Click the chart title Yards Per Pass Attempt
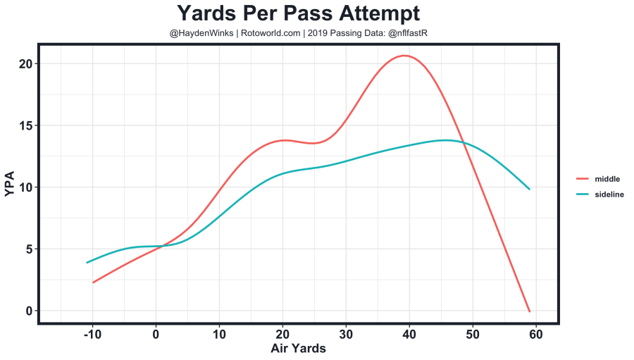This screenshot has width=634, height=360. pos(298,13)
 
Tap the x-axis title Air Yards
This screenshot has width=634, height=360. pos(298,348)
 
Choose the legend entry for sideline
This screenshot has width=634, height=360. pos(609,194)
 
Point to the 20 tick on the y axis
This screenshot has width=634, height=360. pos(25,63)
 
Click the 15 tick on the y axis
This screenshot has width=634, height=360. pos(25,125)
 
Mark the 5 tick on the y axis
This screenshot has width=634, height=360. pos(28,249)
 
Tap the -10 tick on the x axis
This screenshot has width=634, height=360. pos(92,334)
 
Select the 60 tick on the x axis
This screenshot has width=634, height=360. pos(535,334)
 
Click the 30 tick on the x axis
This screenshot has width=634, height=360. pos(345,334)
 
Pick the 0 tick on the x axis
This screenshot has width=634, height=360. pos(156,334)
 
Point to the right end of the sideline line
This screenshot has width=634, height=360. pos(529,189)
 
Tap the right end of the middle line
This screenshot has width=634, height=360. pos(529,311)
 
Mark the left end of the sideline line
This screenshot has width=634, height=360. pos(87,262)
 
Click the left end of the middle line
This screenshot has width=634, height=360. pos(93,282)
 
